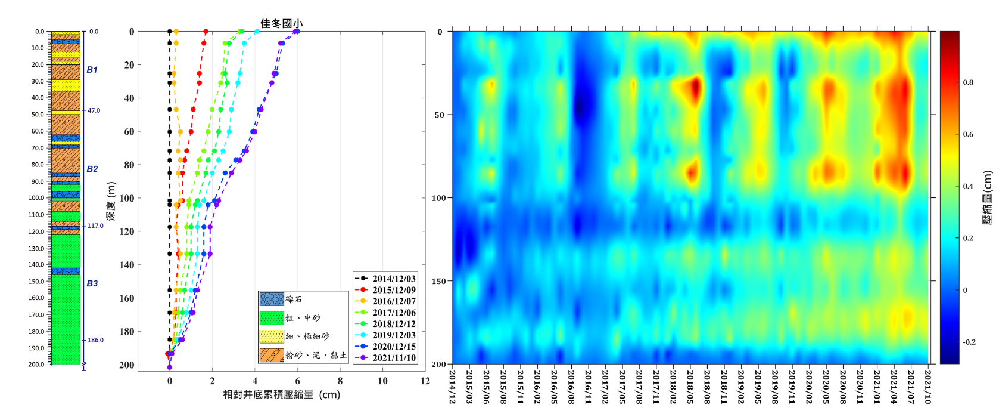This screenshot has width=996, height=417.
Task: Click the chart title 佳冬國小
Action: click(x=281, y=23)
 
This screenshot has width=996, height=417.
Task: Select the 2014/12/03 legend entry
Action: click(x=394, y=279)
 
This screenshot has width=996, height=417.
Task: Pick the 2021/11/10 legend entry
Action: click(x=394, y=358)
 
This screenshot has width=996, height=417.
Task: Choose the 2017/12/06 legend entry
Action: click(x=394, y=313)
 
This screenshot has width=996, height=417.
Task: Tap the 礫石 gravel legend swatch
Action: click(x=272, y=299)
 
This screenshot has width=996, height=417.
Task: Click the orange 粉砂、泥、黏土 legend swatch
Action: click(x=272, y=355)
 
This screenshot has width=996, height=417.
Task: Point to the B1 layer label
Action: click(x=92, y=70)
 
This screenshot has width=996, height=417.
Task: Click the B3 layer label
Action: click(x=92, y=283)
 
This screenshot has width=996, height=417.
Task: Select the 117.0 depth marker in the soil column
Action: click(x=95, y=226)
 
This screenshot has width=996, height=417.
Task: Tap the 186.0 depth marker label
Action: click(x=95, y=340)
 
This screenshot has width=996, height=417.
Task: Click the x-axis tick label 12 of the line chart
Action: click(x=425, y=381)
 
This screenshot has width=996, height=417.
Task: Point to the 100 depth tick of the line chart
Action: click(x=127, y=198)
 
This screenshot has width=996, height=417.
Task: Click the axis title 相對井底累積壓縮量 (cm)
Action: click(x=281, y=394)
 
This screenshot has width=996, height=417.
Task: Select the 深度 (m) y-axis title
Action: click(x=111, y=200)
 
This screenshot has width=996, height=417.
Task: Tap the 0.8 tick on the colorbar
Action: click(x=969, y=82)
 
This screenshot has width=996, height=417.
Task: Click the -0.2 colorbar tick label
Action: click(x=970, y=342)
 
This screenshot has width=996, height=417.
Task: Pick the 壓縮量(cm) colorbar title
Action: click(x=987, y=197)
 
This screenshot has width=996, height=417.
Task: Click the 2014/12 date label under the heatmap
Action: click(x=453, y=386)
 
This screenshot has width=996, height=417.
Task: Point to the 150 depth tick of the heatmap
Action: click(x=439, y=281)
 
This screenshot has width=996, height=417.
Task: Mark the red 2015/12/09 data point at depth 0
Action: click(x=206, y=32)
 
